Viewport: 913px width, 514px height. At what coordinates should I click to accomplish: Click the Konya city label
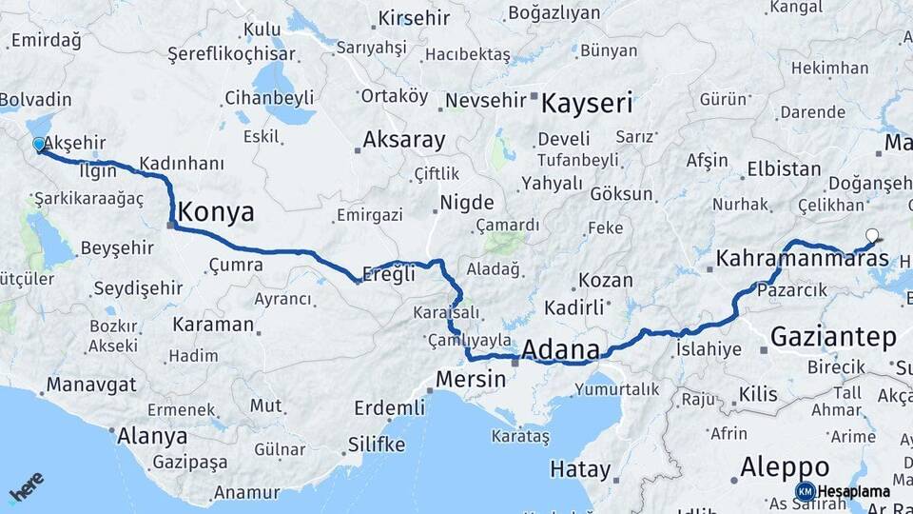pyautogui.click(x=216, y=211)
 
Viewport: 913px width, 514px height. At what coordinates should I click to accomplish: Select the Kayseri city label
pyautogui.click(x=587, y=103)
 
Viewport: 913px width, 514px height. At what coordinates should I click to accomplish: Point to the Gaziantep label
pyautogui.click(x=833, y=336)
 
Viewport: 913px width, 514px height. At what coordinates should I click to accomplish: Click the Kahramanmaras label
pyautogui.click(x=802, y=258)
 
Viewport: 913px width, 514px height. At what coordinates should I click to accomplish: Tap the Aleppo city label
pyautogui.click(x=785, y=467)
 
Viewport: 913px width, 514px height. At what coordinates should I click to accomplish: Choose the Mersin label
pyautogui.click(x=471, y=379)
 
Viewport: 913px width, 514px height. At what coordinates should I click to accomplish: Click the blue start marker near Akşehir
pyautogui.click(x=39, y=144)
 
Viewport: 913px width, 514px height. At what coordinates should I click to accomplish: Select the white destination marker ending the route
pyautogui.click(x=872, y=235)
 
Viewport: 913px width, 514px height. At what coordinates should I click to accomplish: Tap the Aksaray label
pyautogui.click(x=403, y=140)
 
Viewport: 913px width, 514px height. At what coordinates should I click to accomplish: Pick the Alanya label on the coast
pyautogui.click(x=151, y=436)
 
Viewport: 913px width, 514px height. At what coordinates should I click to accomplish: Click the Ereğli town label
pyautogui.click(x=390, y=274)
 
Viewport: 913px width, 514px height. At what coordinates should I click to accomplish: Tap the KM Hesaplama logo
pyautogui.click(x=843, y=491)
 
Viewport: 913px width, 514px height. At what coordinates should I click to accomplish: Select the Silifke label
pyautogui.click(x=376, y=445)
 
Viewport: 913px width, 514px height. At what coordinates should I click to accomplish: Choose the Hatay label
pyautogui.click(x=580, y=469)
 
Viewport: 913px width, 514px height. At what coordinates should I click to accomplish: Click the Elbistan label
pyautogui.click(x=784, y=169)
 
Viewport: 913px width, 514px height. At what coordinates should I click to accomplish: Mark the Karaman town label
pyautogui.click(x=213, y=324)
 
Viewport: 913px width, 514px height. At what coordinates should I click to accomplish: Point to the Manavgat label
pyautogui.click(x=91, y=385)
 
